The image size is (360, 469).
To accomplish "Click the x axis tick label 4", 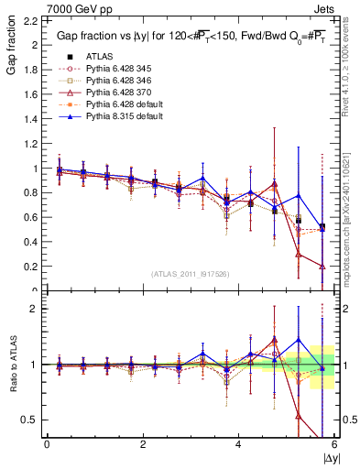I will tap(238, 445).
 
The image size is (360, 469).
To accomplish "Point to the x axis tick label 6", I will tap(334, 445).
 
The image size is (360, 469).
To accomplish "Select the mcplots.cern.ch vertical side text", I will tap(349, 229).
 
